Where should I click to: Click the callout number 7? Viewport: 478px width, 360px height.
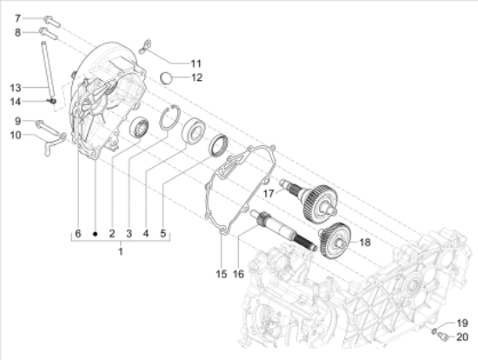tap(17, 18)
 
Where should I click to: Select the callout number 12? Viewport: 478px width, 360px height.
tap(196, 77)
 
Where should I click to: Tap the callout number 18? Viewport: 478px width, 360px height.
tap(365, 243)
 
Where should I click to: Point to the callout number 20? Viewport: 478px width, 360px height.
tap(462, 337)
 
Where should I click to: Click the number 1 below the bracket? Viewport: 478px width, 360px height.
tap(121, 251)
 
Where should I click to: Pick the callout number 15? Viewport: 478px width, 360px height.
tap(222, 274)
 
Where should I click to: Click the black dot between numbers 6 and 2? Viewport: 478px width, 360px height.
tap(95, 234)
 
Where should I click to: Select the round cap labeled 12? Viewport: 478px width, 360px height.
tap(167, 77)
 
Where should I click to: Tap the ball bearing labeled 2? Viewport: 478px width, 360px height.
tap(140, 127)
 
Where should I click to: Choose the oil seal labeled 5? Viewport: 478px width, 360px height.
tap(218, 145)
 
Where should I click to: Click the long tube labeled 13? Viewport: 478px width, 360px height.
tap(48, 71)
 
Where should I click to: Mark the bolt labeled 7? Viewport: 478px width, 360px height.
tap(52, 22)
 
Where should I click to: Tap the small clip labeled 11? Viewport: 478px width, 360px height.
tap(145, 46)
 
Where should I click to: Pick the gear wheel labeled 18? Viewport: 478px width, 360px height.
tap(335, 241)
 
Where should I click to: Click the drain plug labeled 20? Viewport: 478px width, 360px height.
tap(442, 337)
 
